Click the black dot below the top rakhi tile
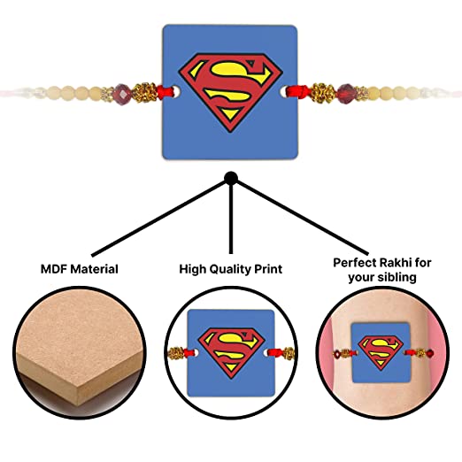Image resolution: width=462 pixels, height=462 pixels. tap(231, 178)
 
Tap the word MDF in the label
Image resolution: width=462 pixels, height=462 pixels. tap(53, 269)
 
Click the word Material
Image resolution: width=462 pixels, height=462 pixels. tap(95, 269)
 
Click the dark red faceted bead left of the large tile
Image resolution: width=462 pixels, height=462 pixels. tap(121, 94)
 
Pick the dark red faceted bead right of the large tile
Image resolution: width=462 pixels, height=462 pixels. tap(345, 93)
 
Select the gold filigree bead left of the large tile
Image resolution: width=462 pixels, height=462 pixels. tap(144, 92)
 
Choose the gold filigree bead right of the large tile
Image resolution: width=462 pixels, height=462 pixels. tap(323, 93)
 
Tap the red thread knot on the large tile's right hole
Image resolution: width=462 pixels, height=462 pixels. tap(297, 91)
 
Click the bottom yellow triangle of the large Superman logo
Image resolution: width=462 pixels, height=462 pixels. tap(230, 113)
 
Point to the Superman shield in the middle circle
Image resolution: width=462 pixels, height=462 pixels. tap(231, 352)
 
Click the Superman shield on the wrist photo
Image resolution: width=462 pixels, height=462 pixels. tap(381, 352)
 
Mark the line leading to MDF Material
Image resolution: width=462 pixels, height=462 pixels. tap(159, 219)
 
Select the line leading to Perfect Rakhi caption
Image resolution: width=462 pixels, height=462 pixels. tap(303, 218)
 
